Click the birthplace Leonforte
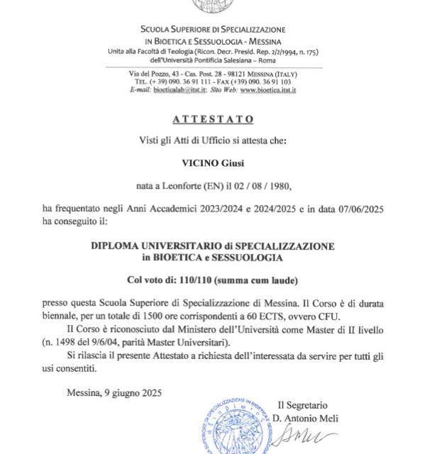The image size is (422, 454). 187,185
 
